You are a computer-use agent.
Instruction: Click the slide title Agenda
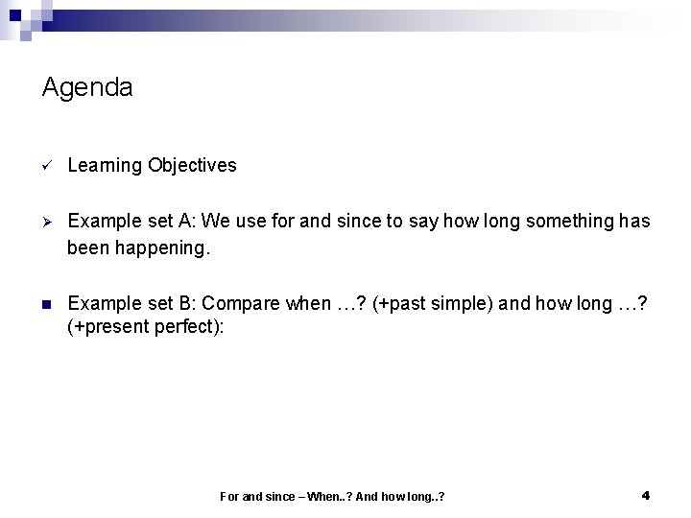87,88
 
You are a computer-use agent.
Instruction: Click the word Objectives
192,165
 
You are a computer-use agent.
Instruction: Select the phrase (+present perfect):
146,328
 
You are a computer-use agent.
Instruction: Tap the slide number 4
645,495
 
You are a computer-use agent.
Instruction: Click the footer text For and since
255,496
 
